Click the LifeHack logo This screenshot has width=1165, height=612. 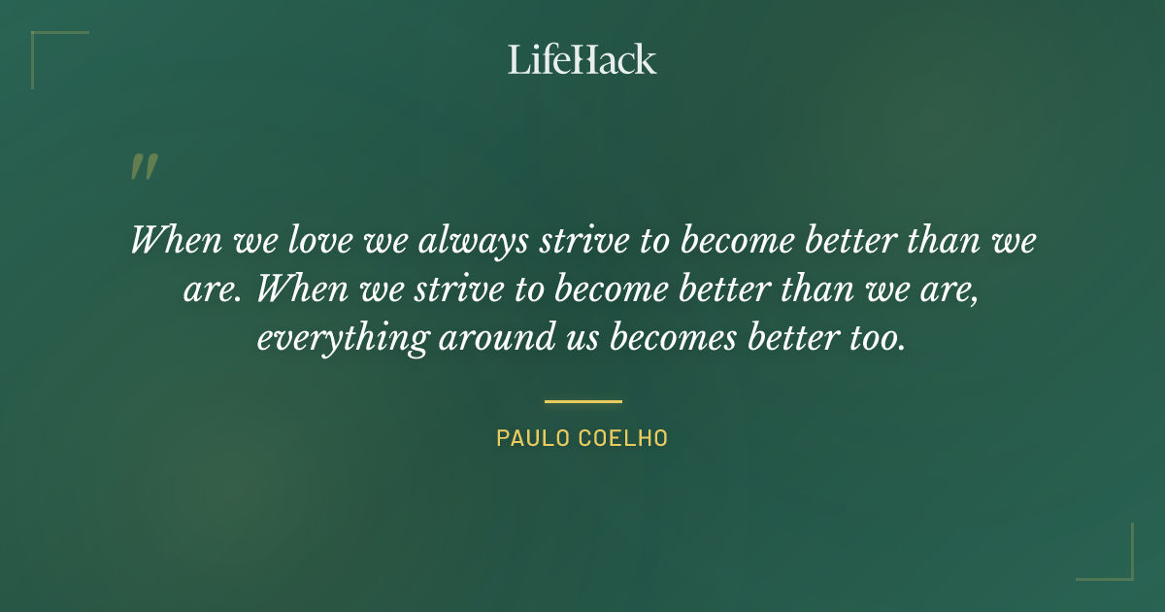coord(582,59)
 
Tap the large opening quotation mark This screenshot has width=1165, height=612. coord(143,168)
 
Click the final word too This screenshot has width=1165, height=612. coord(877,338)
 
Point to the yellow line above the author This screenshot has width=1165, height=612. coord(582,400)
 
